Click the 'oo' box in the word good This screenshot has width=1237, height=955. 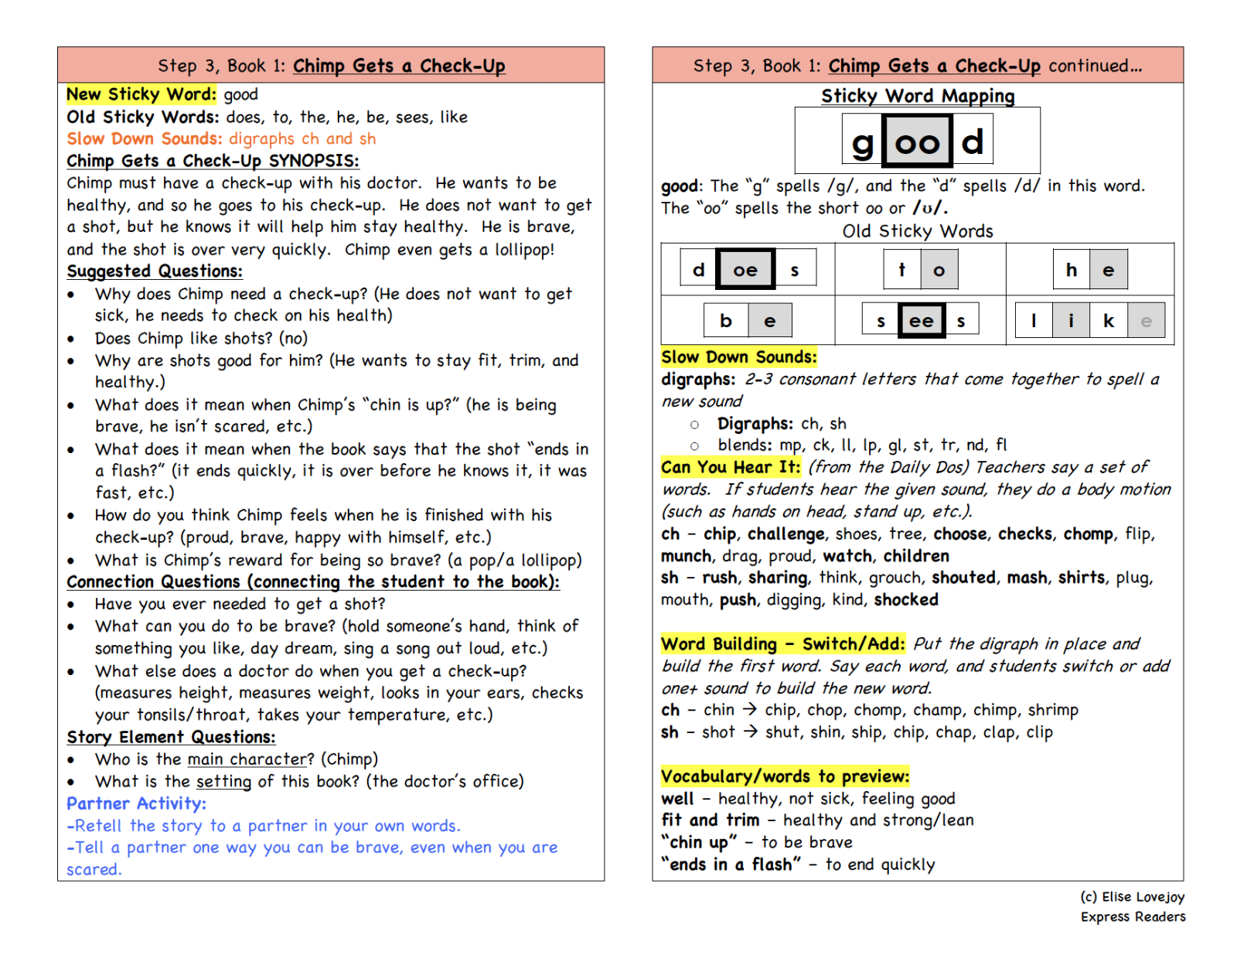point(917,141)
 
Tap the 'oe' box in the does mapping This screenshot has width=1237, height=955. point(745,269)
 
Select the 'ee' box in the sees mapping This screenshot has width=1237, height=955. point(921,320)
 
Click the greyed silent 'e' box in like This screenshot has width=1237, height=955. point(1146,320)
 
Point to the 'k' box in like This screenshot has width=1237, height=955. point(1108,320)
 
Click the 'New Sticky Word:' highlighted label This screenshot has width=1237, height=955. point(141,94)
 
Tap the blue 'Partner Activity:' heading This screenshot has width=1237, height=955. point(136,803)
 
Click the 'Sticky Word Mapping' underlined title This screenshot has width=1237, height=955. point(918,96)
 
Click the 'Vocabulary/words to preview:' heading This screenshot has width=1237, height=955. point(785,776)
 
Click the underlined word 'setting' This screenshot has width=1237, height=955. point(223,781)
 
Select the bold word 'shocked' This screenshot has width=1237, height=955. point(906,599)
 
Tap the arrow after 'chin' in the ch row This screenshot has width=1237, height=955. point(749,709)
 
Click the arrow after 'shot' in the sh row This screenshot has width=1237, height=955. point(750,732)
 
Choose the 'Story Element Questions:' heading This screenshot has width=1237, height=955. point(171,737)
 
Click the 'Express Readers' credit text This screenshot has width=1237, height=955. point(1133,916)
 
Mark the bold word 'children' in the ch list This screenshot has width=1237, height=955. point(916,555)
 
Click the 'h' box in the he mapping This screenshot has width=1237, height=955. point(1071,269)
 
